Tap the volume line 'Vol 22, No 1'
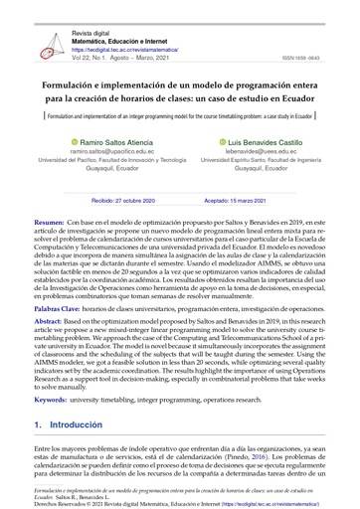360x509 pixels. pyautogui.click(x=120, y=56)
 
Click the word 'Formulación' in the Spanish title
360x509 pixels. pyautogui.click(x=76, y=85)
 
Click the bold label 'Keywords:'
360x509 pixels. pyautogui.click(x=51, y=402)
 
